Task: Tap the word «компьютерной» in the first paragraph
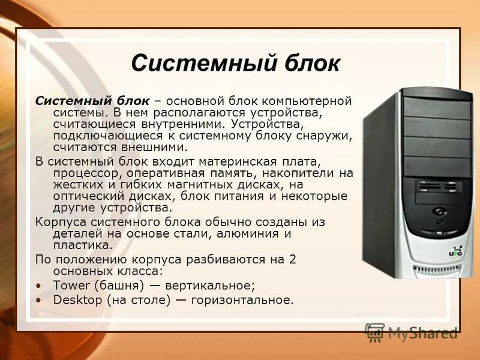pos(314,100)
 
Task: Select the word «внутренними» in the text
pos(177,123)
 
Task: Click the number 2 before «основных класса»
pos(293,259)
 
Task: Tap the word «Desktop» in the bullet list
pos(77,299)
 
